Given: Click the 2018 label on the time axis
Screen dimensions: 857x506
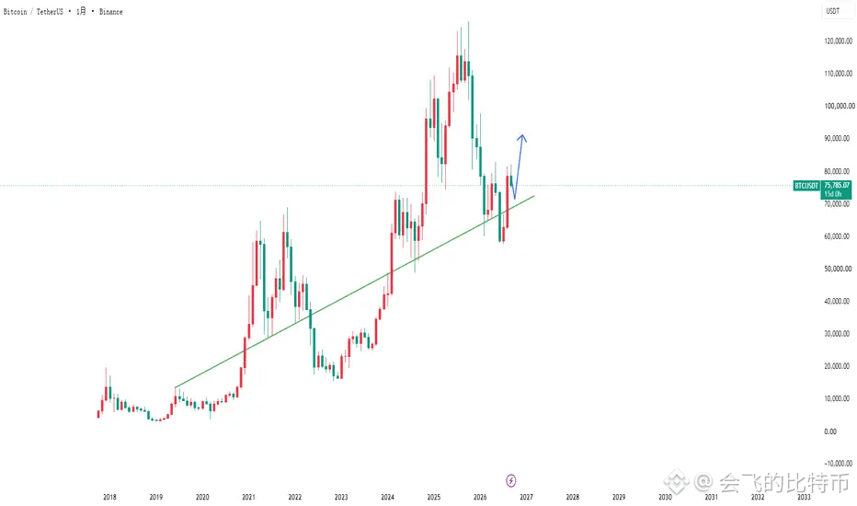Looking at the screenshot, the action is (x=109, y=497).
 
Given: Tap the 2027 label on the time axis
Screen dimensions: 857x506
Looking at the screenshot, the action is (x=526, y=497).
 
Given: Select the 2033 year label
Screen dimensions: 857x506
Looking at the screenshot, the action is (x=804, y=497).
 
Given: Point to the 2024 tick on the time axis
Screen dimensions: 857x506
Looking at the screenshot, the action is (x=387, y=497).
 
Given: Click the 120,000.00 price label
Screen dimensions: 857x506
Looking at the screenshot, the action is (x=838, y=41).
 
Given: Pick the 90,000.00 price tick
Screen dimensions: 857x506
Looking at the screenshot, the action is (x=837, y=138).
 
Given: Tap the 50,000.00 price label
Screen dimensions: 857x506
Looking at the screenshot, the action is (x=837, y=269).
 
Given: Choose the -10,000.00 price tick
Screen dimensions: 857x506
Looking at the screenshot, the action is (x=838, y=464).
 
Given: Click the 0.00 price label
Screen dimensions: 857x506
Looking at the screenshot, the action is (x=830, y=431).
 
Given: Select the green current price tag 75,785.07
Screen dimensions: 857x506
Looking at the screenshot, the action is (x=836, y=190).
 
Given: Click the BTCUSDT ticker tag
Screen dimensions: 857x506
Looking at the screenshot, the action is (x=806, y=186).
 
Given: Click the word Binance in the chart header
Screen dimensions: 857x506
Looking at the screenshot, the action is (x=110, y=11).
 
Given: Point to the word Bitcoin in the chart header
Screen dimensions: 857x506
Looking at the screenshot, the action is (x=15, y=11).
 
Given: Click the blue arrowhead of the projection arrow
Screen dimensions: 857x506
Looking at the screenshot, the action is (x=522, y=138).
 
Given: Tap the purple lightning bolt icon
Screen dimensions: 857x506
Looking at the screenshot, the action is (x=510, y=480).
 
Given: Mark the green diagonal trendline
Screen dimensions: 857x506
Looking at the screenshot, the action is (x=355, y=292).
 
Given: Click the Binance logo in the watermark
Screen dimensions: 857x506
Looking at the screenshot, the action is (x=677, y=482).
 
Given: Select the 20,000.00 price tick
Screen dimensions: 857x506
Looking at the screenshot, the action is (x=837, y=366).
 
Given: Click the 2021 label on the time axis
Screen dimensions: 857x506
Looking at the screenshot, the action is (x=248, y=497).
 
